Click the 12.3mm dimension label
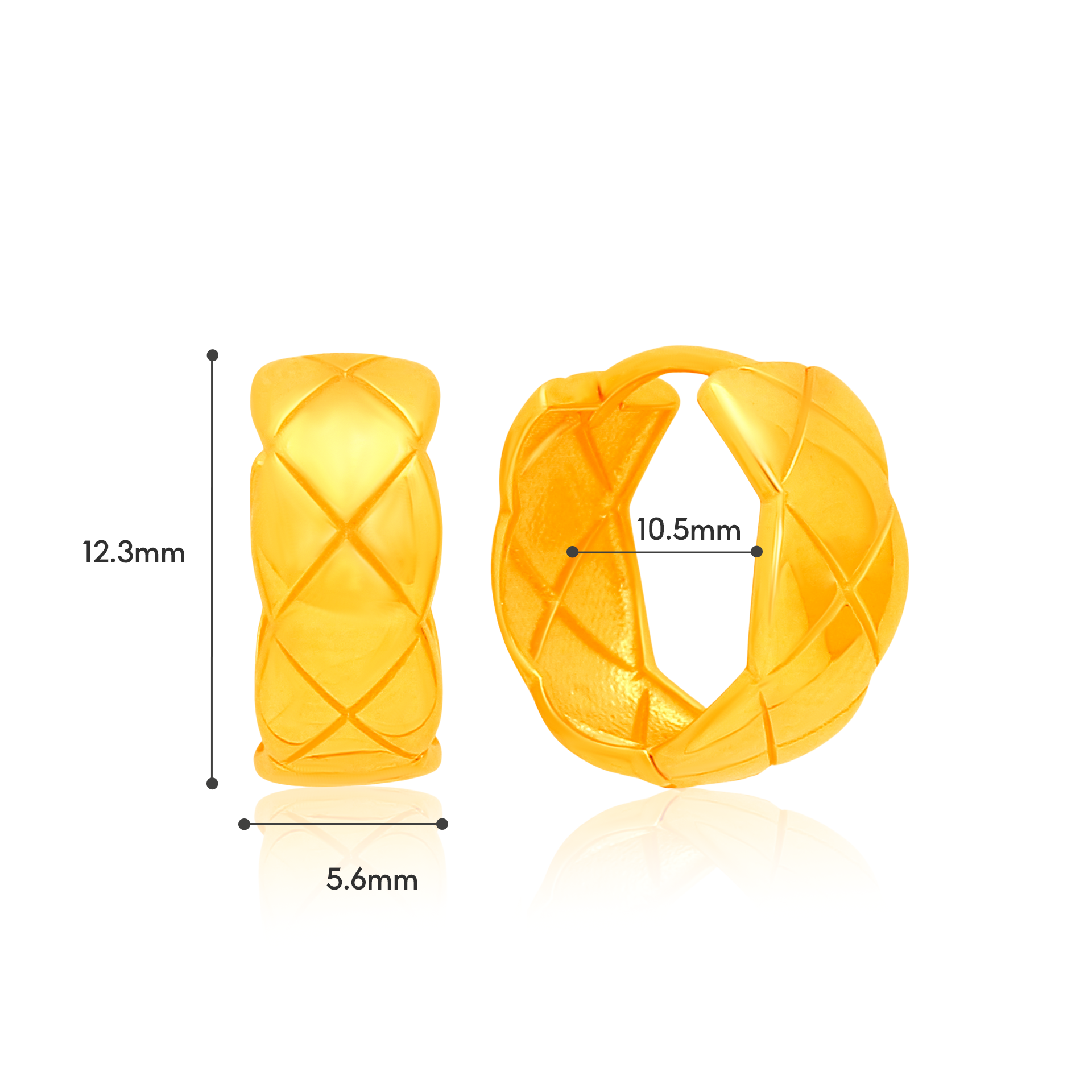[134, 553]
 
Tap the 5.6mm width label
[372, 879]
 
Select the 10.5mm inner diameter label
[689, 530]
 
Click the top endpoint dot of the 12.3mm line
[213, 355]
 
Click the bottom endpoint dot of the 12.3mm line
[212, 784]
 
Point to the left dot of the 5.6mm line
[244, 824]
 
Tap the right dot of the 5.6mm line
[442, 824]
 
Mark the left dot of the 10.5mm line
[573, 552]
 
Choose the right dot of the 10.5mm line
[756, 552]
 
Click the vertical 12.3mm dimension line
[212, 569]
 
